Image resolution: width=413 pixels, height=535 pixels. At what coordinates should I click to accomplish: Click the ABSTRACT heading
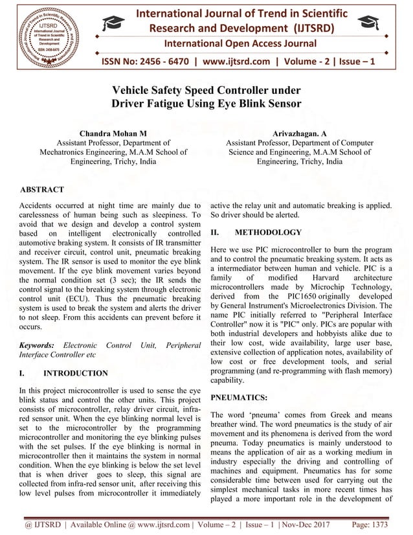pos(42,190)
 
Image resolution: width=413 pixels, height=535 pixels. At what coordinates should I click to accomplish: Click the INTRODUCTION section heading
pos(75,373)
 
